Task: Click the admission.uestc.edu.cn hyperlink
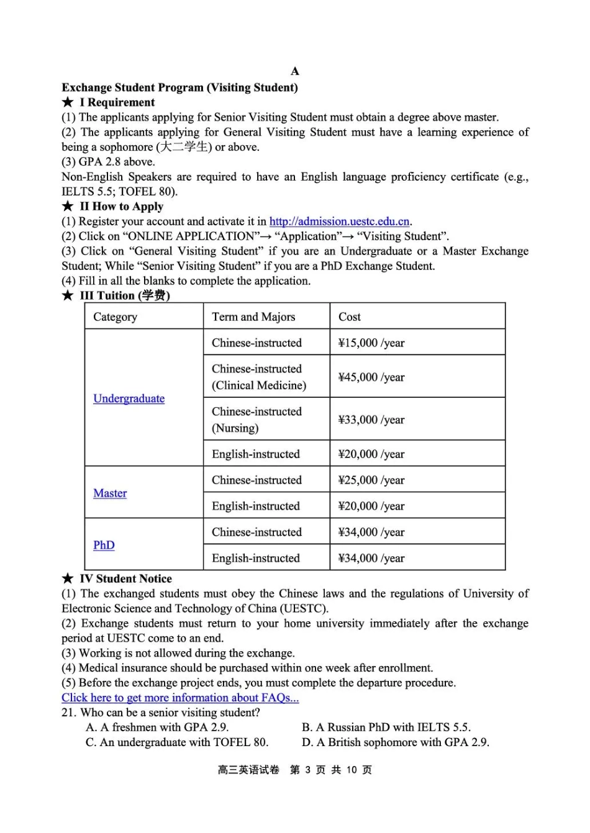pyautogui.click(x=339, y=222)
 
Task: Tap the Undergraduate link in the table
pyautogui.click(x=129, y=398)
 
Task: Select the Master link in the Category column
pyautogui.click(x=110, y=493)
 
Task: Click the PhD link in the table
pyautogui.click(x=104, y=545)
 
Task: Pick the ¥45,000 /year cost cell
pyautogui.click(x=371, y=377)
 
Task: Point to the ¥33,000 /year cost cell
pyautogui.click(x=371, y=420)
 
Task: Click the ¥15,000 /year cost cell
pyautogui.click(x=371, y=343)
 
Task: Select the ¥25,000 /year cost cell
pyautogui.click(x=371, y=480)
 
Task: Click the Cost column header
pyautogui.click(x=350, y=317)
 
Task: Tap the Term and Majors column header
pyautogui.click(x=253, y=317)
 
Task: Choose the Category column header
pyautogui.click(x=115, y=317)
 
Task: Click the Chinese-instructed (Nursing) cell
pyautogui.click(x=256, y=420)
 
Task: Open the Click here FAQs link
pyautogui.click(x=180, y=698)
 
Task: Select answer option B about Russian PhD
pyautogui.click(x=386, y=727)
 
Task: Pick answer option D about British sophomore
pyautogui.click(x=395, y=742)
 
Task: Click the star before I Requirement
pyautogui.click(x=68, y=102)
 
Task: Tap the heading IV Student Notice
pyautogui.click(x=125, y=579)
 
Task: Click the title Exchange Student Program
pyautogui.click(x=179, y=88)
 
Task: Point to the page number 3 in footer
pyautogui.click(x=307, y=770)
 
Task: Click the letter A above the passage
pyautogui.click(x=295, y=71)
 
